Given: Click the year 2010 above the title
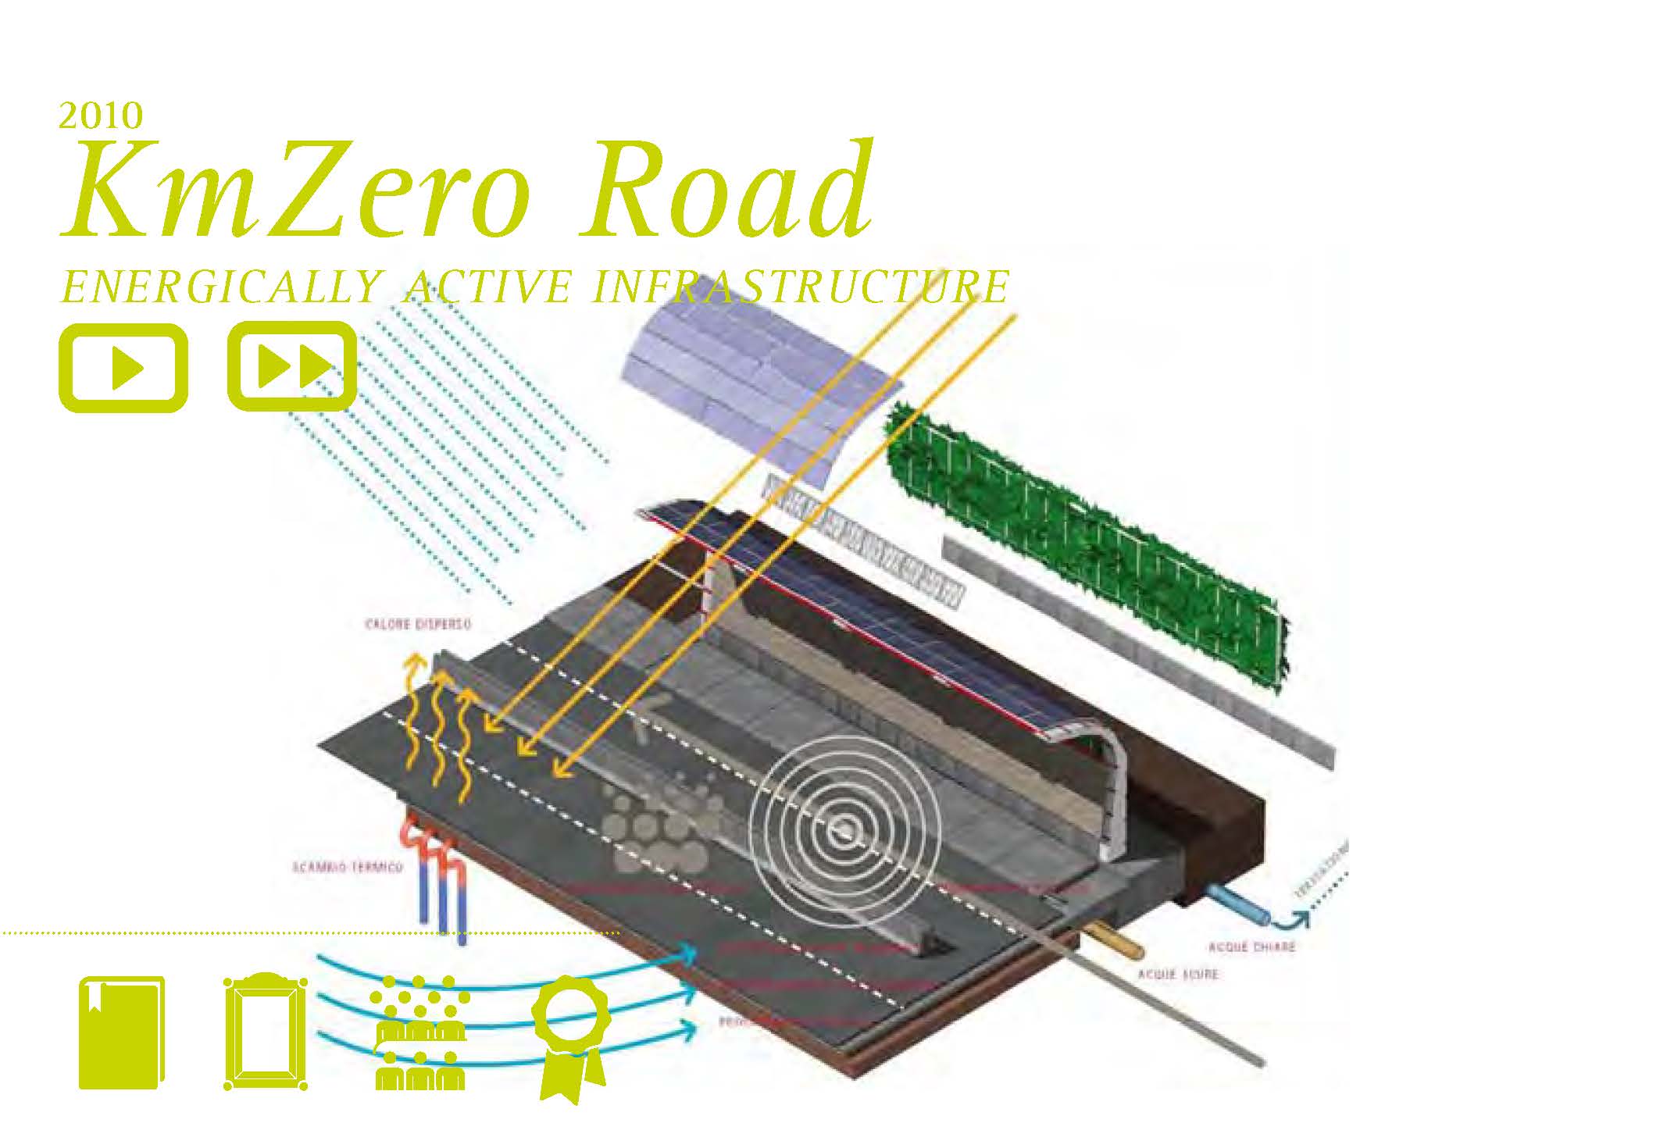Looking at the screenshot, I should click(x=101, y=116).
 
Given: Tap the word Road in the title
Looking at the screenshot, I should click(x=726, y=191).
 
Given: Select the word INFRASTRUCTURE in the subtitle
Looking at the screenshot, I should click(x=800, y=287).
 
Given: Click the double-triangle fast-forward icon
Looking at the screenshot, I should click(x=292, y=366).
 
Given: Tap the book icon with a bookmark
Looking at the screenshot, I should click(x=122, y=1032).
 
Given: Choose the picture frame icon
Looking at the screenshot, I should click(x=265, y=1032).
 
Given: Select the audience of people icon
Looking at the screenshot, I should click(x=419, y=1032).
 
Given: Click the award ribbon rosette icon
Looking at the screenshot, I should click(x=570, y=1035).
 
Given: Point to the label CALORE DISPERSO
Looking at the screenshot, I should click(x=419, y=625).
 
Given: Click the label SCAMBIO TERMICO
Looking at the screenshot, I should click(x=348, y=868).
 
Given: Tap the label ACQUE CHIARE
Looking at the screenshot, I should click(x=1251, y=947).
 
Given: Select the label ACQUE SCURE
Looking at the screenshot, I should click(x=1177, y=975).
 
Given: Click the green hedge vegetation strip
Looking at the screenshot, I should click(x=1086, y=547).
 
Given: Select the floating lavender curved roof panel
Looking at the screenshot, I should click(x=762, y=390).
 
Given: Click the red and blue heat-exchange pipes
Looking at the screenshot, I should click(x=437, y=875).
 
